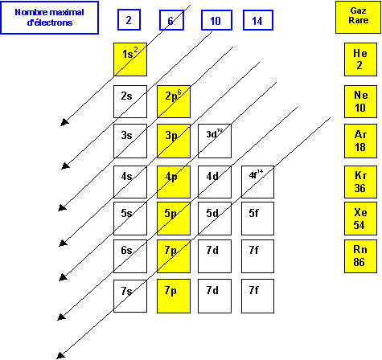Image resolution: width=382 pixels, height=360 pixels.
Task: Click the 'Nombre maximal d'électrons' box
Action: click(x=43, y=18)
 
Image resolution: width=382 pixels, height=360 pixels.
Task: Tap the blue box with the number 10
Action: click(x=215, y=20)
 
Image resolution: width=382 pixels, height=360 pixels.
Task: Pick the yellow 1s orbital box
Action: click(x=129, y=59)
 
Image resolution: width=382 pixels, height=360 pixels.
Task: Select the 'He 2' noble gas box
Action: click(x=359, y=59)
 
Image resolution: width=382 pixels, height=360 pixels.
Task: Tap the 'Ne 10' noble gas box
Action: click(x=359, y=100)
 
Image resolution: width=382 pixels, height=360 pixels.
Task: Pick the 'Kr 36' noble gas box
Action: click(x=359, y=181)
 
